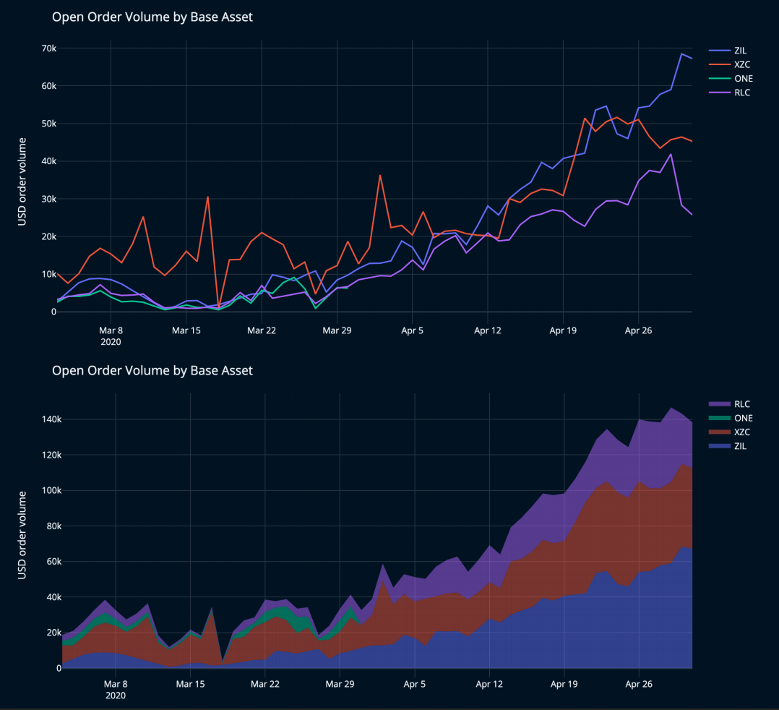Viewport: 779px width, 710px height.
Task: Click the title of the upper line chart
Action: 152,17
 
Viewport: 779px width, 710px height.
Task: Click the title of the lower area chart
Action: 152,371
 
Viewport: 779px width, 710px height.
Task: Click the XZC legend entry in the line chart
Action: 741,64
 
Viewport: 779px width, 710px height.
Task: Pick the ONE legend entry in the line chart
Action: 741,78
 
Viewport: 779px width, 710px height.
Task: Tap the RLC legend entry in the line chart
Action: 740,92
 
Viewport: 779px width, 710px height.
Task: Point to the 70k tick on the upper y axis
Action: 49,48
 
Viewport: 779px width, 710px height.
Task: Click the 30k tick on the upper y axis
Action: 49,199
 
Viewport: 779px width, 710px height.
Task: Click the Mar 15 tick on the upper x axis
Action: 186,330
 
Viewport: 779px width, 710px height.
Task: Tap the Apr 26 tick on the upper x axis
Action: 637,330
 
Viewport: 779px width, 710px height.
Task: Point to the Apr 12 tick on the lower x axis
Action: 489,683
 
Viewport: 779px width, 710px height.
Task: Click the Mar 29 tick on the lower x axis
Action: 339,683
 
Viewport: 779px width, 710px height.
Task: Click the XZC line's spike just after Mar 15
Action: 207,197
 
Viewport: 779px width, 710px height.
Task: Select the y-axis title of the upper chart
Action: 22,181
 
